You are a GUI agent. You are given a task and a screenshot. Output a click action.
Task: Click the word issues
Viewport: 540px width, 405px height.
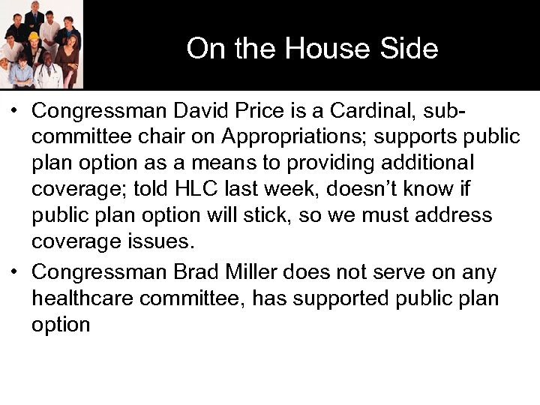coord(160,242)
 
